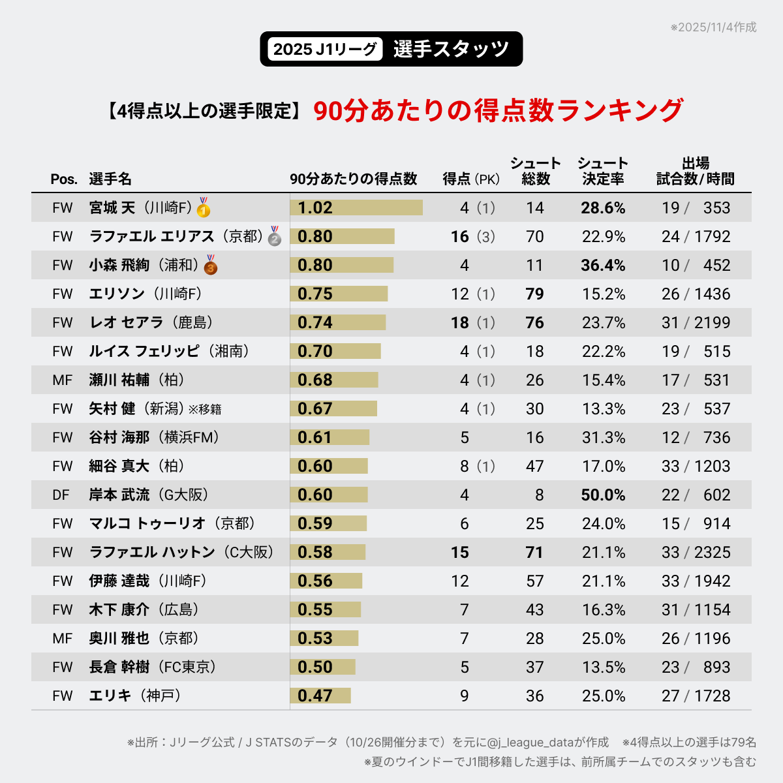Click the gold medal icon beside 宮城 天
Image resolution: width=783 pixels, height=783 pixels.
tap(204, 208)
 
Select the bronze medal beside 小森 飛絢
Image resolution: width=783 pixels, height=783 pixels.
tap(210, 266)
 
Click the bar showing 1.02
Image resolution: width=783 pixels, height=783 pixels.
tap(356, 207)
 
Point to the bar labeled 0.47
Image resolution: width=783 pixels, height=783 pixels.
tap(320, 696)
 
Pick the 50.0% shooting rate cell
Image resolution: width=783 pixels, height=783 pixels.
tap(603, 495)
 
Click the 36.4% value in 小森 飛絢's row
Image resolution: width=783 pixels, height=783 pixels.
tap(603, 265)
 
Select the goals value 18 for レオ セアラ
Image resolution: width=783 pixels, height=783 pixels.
tap(460, 322)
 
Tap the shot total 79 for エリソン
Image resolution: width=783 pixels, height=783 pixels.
tap(534, 294)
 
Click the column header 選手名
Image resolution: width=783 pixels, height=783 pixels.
tap(110, 179)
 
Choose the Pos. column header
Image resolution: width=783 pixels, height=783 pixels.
tap(64, 179)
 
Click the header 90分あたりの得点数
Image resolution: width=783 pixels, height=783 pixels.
tap(353, 179)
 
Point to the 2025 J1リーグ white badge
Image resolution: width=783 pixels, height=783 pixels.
tap(324, 49)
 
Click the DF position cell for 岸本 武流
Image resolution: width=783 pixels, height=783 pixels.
tap(61, 495)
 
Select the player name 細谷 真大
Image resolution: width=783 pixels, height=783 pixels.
tap(119, 466)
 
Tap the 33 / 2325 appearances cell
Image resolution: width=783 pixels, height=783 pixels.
tap(696, 552)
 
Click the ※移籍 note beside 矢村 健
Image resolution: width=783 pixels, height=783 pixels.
tap(205, 409)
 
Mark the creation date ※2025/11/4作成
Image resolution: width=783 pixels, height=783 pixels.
tap(713, 27)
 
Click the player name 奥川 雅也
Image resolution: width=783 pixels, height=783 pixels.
tap(119, 638)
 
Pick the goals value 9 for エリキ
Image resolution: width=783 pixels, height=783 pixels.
tap(464, 696)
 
